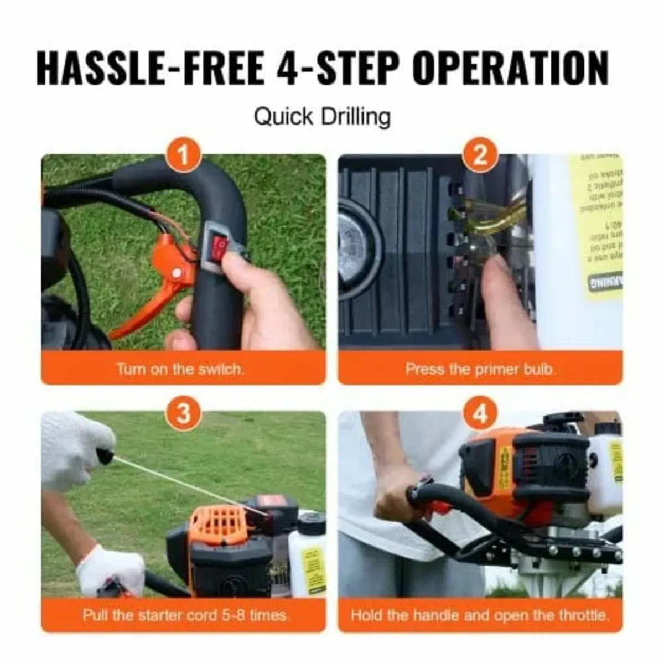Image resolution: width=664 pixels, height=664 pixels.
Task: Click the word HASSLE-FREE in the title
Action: click(151, 69)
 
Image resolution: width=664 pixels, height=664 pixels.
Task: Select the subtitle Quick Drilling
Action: click(322, 117)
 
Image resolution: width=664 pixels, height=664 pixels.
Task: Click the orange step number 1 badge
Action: click(183, 154)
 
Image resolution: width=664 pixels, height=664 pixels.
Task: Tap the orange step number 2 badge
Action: click(480, 154)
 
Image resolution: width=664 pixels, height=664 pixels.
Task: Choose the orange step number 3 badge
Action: click(183, 413)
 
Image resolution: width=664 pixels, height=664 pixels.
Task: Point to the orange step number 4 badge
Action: click(480, 413)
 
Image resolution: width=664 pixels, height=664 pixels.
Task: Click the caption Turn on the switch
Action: click(180, 369)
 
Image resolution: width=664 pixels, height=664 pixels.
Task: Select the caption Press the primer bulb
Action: click(480, 369)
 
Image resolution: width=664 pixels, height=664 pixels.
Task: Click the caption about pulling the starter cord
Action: click(185, 615)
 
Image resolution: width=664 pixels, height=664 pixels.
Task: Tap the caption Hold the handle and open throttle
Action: click(480, 615)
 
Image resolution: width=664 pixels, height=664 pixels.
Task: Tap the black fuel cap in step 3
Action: click(312, 522)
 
